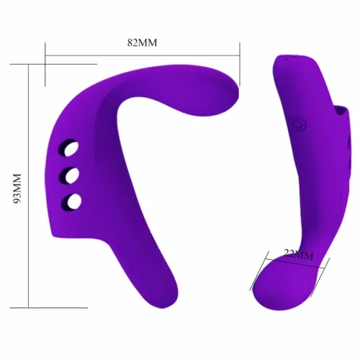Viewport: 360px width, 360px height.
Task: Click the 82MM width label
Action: click(142, 42)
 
